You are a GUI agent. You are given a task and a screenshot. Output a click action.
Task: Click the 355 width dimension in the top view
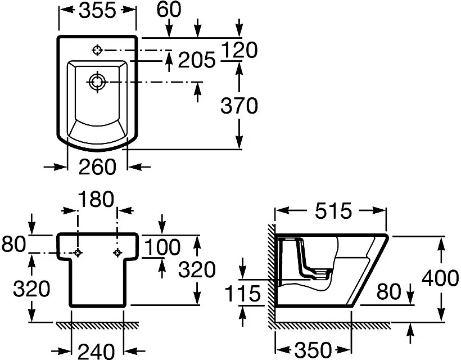click(x=97, y=11)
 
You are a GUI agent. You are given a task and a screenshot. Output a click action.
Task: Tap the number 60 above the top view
click(x=169, y=9)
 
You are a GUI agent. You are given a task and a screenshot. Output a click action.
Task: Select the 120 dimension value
click(x=239, y=49)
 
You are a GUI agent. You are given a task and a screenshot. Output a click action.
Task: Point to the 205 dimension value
click(x=197, y=60)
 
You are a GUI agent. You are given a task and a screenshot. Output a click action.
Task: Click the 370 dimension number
click(x=239, y=106)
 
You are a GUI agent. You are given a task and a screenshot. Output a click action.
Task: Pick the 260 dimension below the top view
click(x=97, y=166)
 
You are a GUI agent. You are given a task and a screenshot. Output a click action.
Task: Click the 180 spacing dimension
click(x=96, y=199)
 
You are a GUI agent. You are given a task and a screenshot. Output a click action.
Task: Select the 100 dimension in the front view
click(x=162, y=247)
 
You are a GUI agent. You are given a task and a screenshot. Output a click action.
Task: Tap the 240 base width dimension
click(x=96, y=351)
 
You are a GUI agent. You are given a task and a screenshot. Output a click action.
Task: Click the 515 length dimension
click(x=333, y=211)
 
